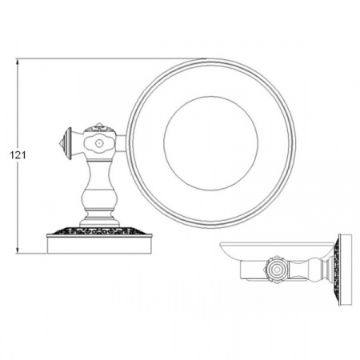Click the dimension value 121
coord(18,155)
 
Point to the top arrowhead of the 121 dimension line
coord(18,62)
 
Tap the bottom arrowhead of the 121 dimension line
coord(18,250)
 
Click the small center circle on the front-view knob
coord(99,143)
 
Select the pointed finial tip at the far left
coord(60,143)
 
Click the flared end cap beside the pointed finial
coord(68,143)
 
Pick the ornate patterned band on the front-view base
coord(99,230)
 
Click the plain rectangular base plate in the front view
coord(99,245)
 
